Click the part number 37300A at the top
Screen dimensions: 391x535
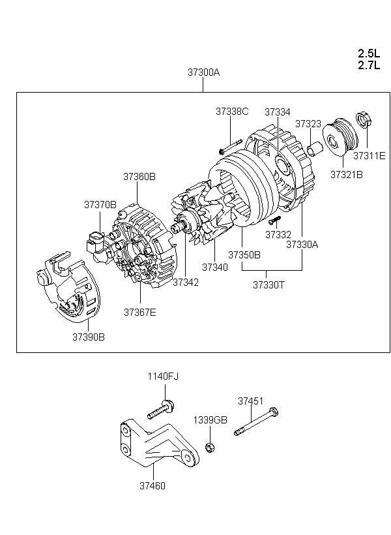(x=203, y=72)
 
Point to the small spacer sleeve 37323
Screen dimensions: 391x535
(x=315, y=149)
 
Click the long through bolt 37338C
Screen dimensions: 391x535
(x=231, y=147)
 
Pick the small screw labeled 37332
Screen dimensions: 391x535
(x=275, y=220)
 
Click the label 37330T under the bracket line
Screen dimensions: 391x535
(x=268, y=284)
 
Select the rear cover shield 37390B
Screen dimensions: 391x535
(x=68, y=287)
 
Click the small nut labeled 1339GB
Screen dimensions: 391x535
(x=210, y=447)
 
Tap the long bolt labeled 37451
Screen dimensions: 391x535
(x=256, y=421)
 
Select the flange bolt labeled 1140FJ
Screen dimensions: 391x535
(x=161, y=410)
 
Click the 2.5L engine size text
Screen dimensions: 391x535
(x=369, y=53)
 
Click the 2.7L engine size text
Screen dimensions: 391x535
(x=369, y=65)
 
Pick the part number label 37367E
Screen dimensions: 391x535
(x=139, y=313)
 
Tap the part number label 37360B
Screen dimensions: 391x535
(x=139, y=176)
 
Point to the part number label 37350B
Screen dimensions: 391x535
(x=244, y=255)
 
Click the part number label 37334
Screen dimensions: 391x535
(x=278, y=112)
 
